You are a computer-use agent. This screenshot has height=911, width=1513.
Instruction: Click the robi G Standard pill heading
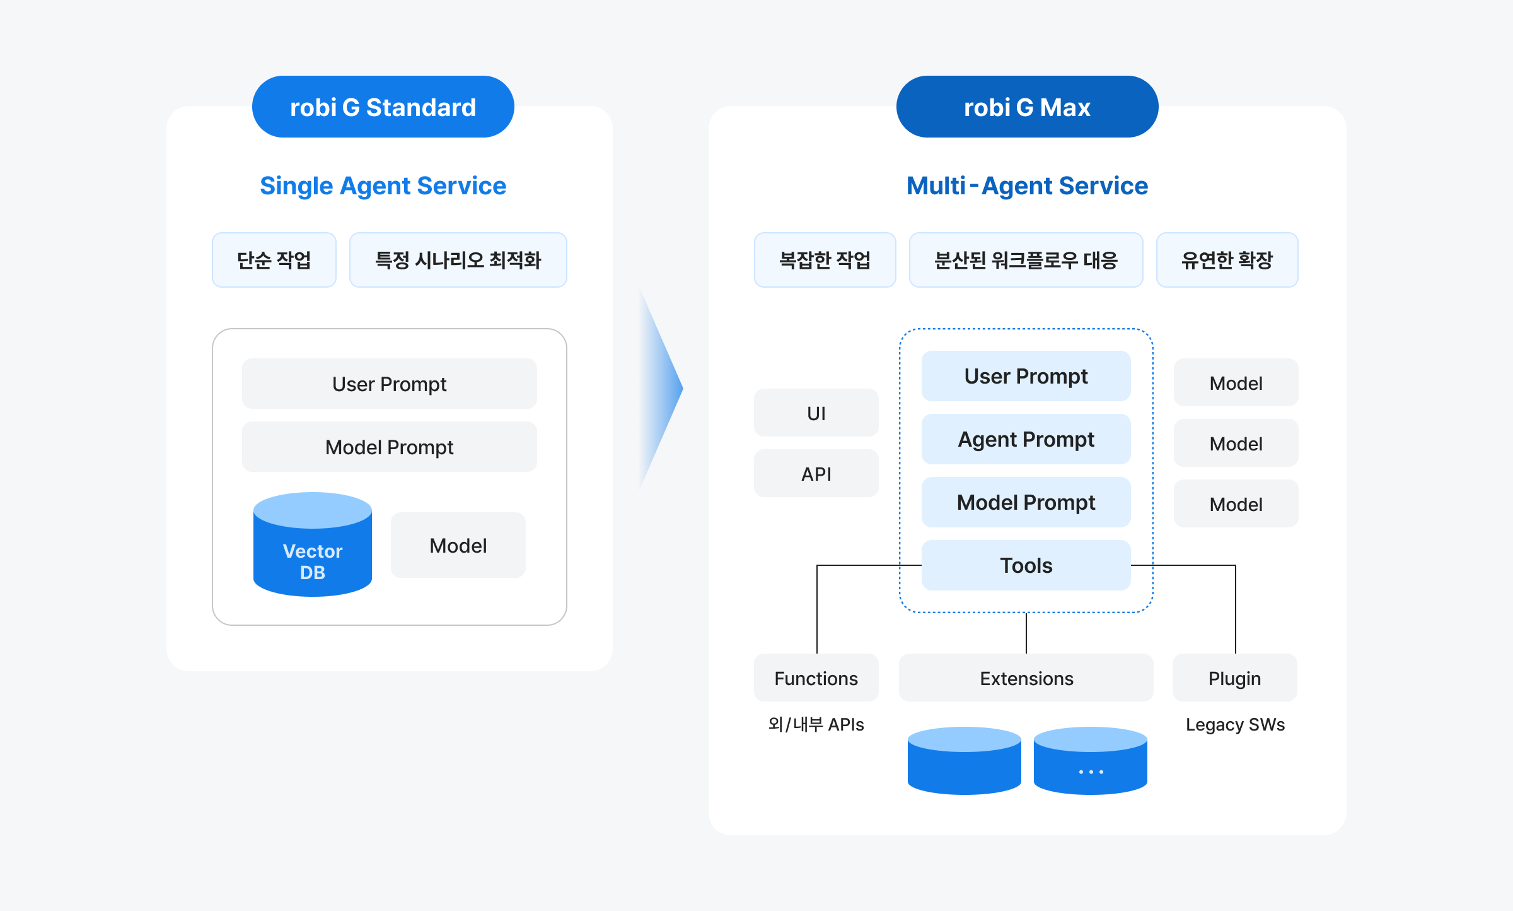pyautogui.click(x=383, y=107)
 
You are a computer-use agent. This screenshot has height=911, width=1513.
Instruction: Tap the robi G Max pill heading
pyautogui.click(x=1027, y=107)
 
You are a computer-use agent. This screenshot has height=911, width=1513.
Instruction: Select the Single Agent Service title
pyautogui.click(x=383, y=186)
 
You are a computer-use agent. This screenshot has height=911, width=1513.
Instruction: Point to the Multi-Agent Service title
pyautogui.click(x=1027, y=186)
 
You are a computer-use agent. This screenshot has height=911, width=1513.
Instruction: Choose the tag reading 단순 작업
pyautogui.click(x=274, y=260)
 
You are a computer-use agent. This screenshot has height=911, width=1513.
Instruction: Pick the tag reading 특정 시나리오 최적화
pyautogui.click(x=458, y=260)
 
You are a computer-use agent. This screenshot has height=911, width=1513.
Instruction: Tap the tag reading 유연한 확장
pyautogui.click(x=1227, y=260)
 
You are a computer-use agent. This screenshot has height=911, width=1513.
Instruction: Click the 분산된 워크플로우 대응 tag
pyautogui.click(x=1026, y=260)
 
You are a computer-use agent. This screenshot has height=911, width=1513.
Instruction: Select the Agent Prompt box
pyautogui.click(x=1026, y=439)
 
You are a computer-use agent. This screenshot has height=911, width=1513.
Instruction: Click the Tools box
pyautogui.click(x=1026, y=565)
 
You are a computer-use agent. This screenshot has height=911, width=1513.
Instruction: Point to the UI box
pyautogui.click(x=816, y=413)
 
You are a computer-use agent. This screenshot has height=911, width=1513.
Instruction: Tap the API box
pyautogui.click(x=816, y=474)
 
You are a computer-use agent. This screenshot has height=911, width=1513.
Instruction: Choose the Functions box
pyautogui.click(x=816, y=678)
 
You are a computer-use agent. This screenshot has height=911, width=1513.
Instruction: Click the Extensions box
pyautogui.click(x=1026, y=678)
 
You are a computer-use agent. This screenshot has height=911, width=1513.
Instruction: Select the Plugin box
pyautogui.click(x=1234, y=678)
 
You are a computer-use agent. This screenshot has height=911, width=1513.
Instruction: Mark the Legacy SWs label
pyautogui.click(x=1235, y=725)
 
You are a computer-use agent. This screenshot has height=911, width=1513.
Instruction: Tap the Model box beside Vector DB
pyautogui.click(x=458, y=546)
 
